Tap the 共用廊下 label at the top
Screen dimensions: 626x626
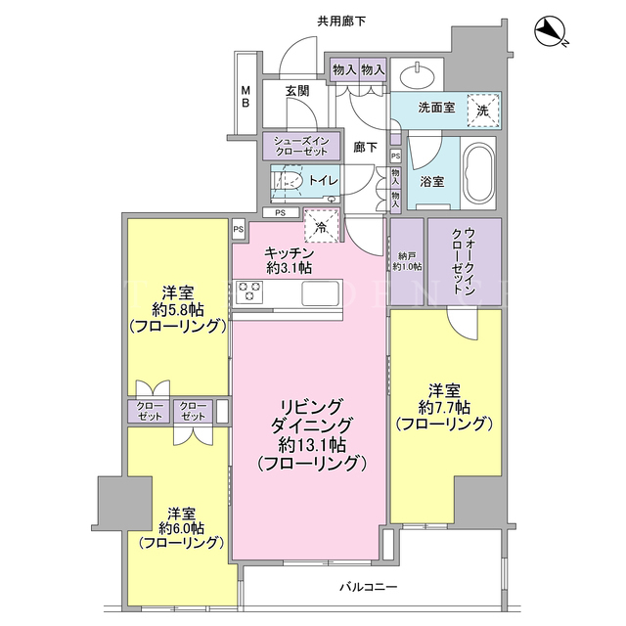coord(341,22)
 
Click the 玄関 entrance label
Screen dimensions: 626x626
coord(297,91)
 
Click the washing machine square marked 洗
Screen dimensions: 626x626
coord(483,111)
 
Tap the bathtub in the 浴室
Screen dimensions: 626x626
coord(478,174)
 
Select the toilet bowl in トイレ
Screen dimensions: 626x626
coord(289,182)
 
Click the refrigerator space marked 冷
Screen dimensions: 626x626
coord(322,226)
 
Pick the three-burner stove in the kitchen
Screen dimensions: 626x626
coord(250,291)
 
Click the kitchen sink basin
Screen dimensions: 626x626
coord(321,293)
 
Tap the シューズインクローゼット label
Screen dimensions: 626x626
coord(301,146)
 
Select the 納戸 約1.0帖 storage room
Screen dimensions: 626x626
coord(407,262)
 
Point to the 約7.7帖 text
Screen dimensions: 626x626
coord(444,407)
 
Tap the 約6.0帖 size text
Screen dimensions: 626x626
coord(182,528)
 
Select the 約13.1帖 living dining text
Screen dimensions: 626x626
coord(312,445)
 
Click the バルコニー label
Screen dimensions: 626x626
coord(369,587)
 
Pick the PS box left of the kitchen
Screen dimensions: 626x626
coord(239,230)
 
